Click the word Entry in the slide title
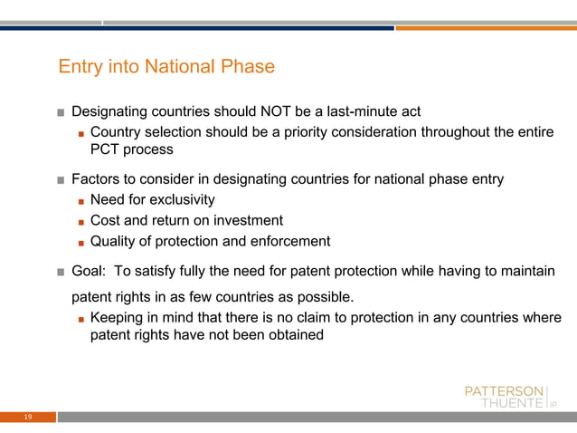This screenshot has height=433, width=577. (79, 67)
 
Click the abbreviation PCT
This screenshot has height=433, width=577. (106, 150)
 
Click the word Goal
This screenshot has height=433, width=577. (90, 270)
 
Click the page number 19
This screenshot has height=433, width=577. (28, 417)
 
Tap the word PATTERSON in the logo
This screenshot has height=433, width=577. (504, 390)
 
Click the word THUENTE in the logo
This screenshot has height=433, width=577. (510, 403)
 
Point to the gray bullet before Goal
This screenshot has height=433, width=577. (61, 271)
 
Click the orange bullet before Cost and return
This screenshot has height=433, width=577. (80, 222)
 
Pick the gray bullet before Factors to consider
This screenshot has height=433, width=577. (61, 180)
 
